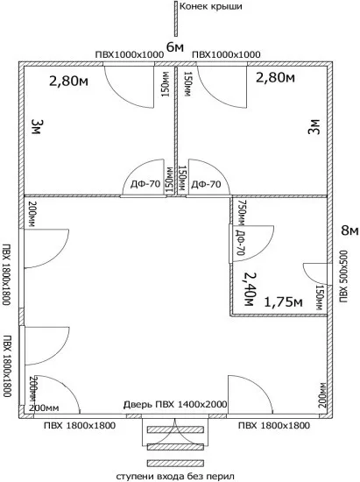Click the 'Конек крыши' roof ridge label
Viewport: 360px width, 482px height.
(210, 6)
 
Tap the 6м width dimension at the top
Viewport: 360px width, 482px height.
(175, 47)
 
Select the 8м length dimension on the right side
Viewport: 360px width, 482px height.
(349, 230)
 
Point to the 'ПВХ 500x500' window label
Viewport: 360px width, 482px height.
(343, 276)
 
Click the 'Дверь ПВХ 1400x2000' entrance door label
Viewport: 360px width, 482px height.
(175, 404)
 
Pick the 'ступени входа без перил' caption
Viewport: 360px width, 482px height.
(175, 477)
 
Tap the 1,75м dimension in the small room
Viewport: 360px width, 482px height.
(283, 302)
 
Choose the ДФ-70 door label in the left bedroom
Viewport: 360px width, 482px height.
(145, 184)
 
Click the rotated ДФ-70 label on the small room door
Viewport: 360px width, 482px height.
(241, 243)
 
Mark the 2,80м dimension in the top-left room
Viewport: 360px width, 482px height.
(68, 82)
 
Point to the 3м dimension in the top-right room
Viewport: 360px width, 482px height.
(314, 127)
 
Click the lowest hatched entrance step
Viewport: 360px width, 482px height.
(175, 463)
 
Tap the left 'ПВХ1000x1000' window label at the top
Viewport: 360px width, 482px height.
(130, 54)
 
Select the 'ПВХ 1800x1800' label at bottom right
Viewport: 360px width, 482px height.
(274, 426)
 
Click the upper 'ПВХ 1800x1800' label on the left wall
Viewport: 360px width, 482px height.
(6, 274)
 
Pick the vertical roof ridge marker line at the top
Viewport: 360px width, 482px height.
(176, 18)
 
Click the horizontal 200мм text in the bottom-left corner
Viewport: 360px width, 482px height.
(44, 408)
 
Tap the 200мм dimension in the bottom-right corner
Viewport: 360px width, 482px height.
(322, 395)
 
